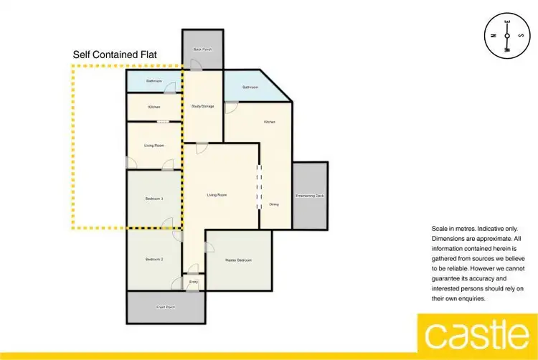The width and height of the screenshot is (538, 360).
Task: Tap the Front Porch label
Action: [x=165, y=307]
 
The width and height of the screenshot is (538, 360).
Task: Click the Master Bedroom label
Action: [x=239, y=260]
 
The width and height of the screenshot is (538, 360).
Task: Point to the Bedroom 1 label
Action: [x=154, y=199]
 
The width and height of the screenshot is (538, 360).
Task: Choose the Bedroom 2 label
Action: [x=154, y=259]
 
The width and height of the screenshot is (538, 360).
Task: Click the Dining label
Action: [x=273, y=204]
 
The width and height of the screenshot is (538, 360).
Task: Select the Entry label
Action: [x=193, y=282]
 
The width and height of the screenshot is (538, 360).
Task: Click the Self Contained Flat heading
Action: [x=115, y=55]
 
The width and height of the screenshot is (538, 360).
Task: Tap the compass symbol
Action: [x=507, y=35]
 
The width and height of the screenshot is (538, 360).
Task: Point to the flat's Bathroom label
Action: [x=154, y=81]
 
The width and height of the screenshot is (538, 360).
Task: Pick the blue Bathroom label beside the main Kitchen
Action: [x=250, y=87]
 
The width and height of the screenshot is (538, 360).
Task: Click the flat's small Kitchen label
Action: [x=154, y=107]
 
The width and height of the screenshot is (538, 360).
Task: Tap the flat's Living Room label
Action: [x=154, y=146]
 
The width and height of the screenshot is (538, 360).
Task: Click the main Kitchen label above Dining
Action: [x=269, y=122]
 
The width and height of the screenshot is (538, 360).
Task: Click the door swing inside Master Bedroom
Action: [x=209, y=247]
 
